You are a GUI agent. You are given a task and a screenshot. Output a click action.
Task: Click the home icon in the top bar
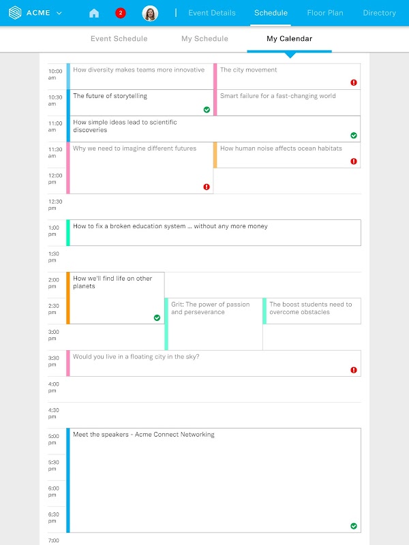point(94,13)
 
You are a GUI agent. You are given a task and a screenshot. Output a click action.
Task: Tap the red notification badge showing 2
point(121,13)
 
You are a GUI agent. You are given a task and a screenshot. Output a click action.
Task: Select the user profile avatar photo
point(150,13)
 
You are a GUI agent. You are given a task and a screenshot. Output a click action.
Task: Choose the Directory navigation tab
point(379,13)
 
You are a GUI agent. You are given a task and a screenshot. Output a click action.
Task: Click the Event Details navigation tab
point(212,13)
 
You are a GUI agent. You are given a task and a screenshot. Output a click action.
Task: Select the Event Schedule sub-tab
point(119,39)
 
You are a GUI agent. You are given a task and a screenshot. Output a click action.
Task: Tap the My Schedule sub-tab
point(204,39)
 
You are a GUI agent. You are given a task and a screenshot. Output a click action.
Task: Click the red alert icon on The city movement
point(354,82)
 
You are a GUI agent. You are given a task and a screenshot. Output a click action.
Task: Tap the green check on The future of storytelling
point(207,109)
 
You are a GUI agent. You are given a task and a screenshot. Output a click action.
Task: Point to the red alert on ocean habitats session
point(354,161)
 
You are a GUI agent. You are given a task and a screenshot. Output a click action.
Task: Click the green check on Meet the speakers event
point(354,526)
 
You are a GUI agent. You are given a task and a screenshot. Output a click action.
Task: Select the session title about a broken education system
point(170,226)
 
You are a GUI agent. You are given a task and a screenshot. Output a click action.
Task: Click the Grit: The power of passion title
point(211,309)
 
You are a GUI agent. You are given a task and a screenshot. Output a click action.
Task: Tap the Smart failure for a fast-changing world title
point(277,96)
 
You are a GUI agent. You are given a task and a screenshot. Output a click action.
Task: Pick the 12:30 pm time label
point(55,204)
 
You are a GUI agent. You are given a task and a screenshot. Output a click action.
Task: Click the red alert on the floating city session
point(354,370)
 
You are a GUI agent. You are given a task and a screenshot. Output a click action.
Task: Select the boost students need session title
point(311,309)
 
